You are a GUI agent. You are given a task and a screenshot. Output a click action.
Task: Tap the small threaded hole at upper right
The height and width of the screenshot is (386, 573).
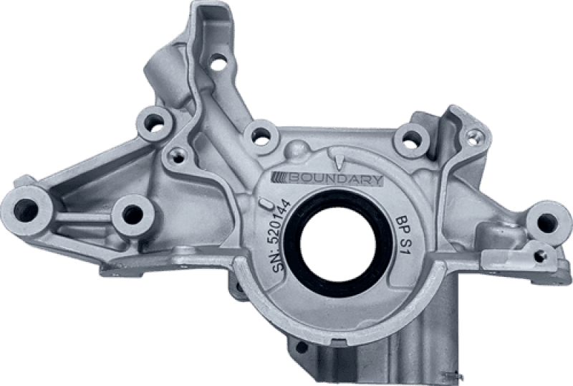(473, 135)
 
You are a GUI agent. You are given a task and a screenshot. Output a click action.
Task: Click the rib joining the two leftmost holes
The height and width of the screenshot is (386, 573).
(79, 215)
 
